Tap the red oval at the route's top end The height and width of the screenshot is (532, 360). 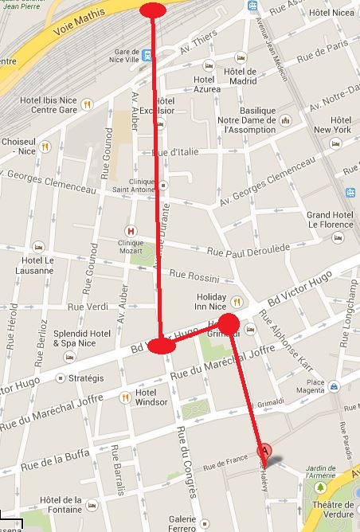pos(153,10)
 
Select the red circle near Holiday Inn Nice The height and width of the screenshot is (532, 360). pos(229,324)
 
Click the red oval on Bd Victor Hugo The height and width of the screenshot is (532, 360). pos(162,346)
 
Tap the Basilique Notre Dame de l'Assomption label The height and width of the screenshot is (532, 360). pos(252,119)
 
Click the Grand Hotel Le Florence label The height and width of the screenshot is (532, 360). pos(330,220)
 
